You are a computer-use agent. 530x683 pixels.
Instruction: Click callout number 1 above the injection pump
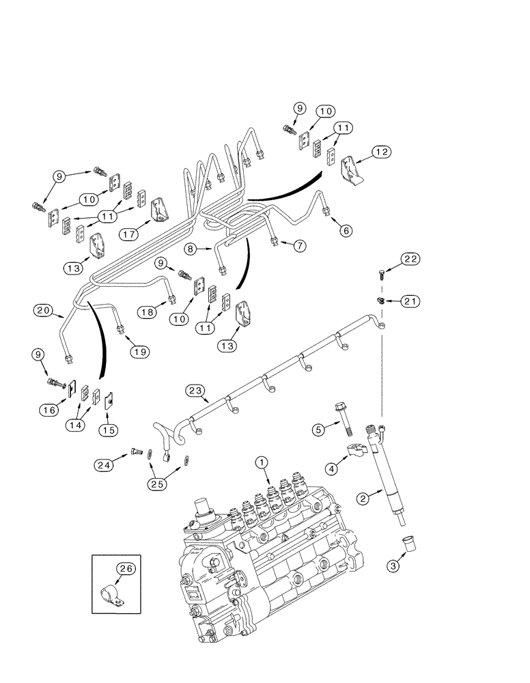(x=261, y=462)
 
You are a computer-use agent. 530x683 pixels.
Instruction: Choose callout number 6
(x=346, y=231)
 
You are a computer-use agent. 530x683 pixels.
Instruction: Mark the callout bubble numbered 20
(x=44, y=311)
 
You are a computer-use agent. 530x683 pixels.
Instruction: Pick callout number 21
(x=410, y=301)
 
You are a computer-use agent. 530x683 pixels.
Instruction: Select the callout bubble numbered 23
(x=195, y=390)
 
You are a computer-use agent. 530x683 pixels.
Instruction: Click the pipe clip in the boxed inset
(x=112, y=594)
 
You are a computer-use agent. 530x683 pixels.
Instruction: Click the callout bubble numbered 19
(x=139, y=351)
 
